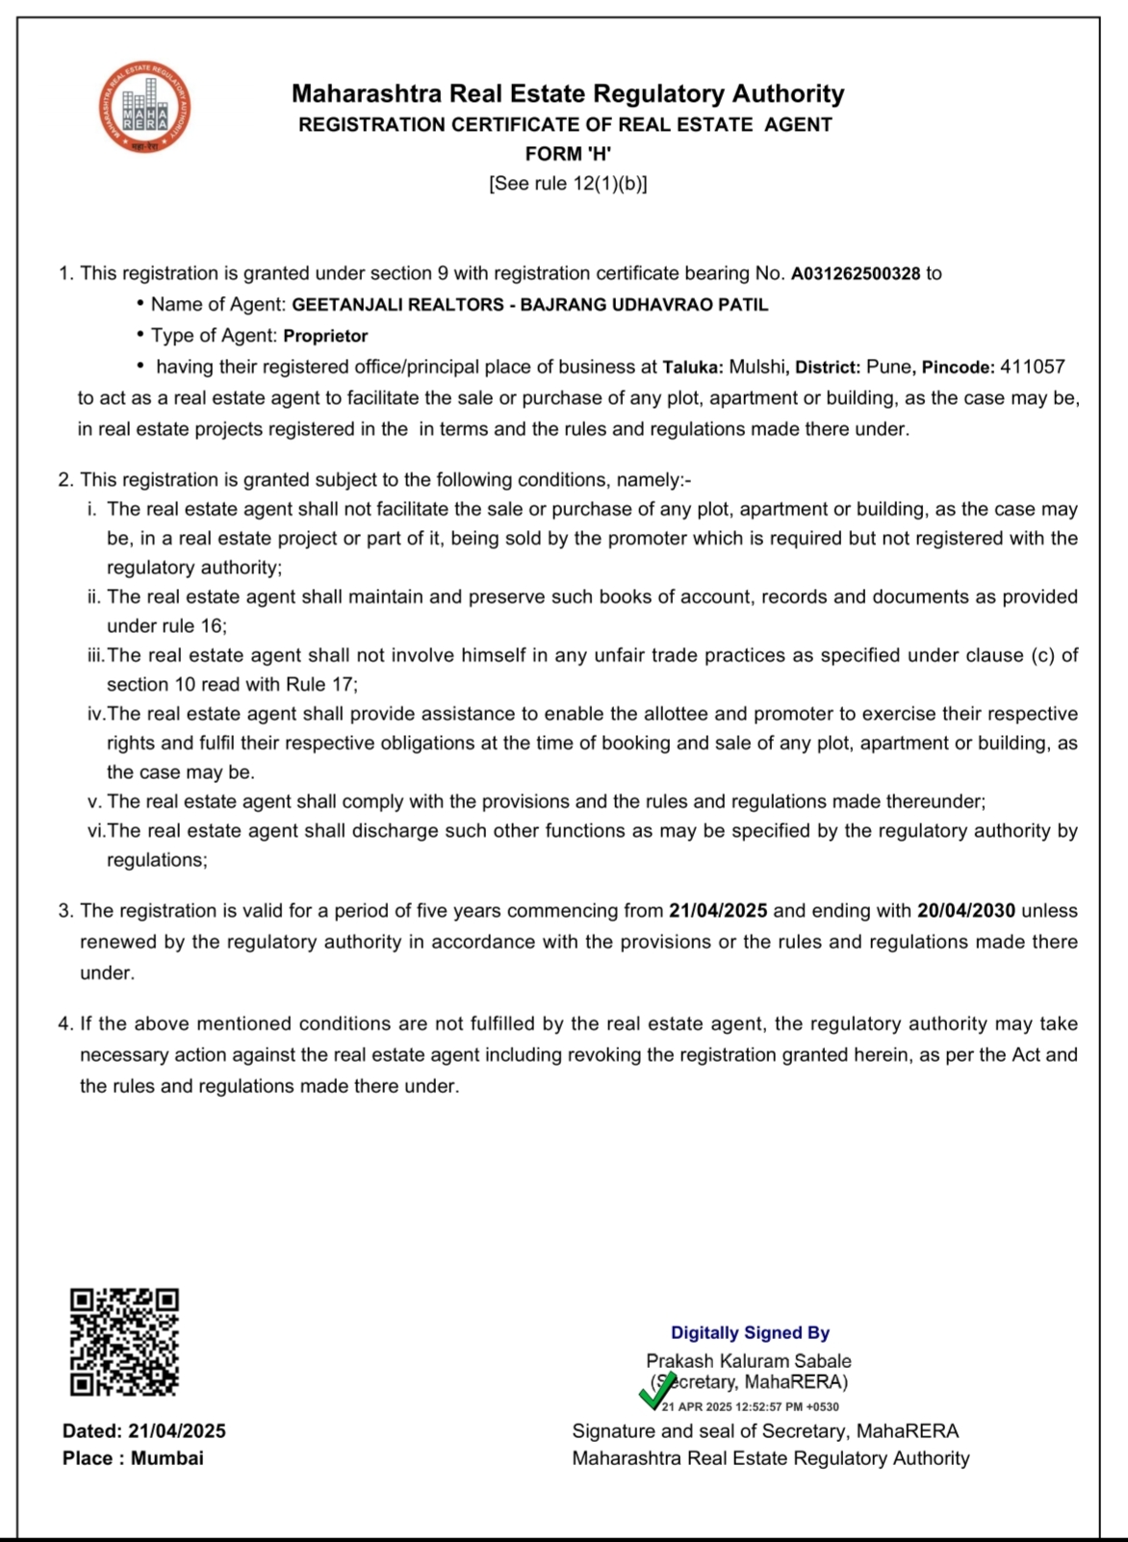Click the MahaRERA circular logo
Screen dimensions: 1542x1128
click(x=144, y=107)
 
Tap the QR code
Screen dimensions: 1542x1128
click(x=124, y=1342)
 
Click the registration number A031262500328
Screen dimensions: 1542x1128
click(x=856, y=274)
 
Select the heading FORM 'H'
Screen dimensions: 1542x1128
click(x=568, y=154)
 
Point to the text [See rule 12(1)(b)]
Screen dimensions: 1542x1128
click(x=568, y=184)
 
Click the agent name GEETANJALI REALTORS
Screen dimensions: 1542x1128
click(x=397, y=305)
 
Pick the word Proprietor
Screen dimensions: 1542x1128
click(x=325, y=336)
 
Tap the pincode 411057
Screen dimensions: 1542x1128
click(x=1033, y=367)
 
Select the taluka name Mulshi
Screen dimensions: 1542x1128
click(x=756, y=367)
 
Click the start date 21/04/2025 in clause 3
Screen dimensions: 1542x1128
click(x=718, y=911)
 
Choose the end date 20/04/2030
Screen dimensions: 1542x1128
click(x=966, y=911)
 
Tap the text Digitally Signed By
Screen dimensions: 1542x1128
click(x=750, y=1332)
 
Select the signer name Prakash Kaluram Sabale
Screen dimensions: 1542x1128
click(x=748, y=1361)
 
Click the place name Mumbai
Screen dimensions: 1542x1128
click(x=167, y=1458)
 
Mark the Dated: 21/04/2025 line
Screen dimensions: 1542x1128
click(x=144, y=1431)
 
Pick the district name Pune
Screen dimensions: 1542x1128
click(x=889, y=367)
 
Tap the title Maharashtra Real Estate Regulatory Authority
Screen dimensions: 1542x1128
click(x=568, y=94)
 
